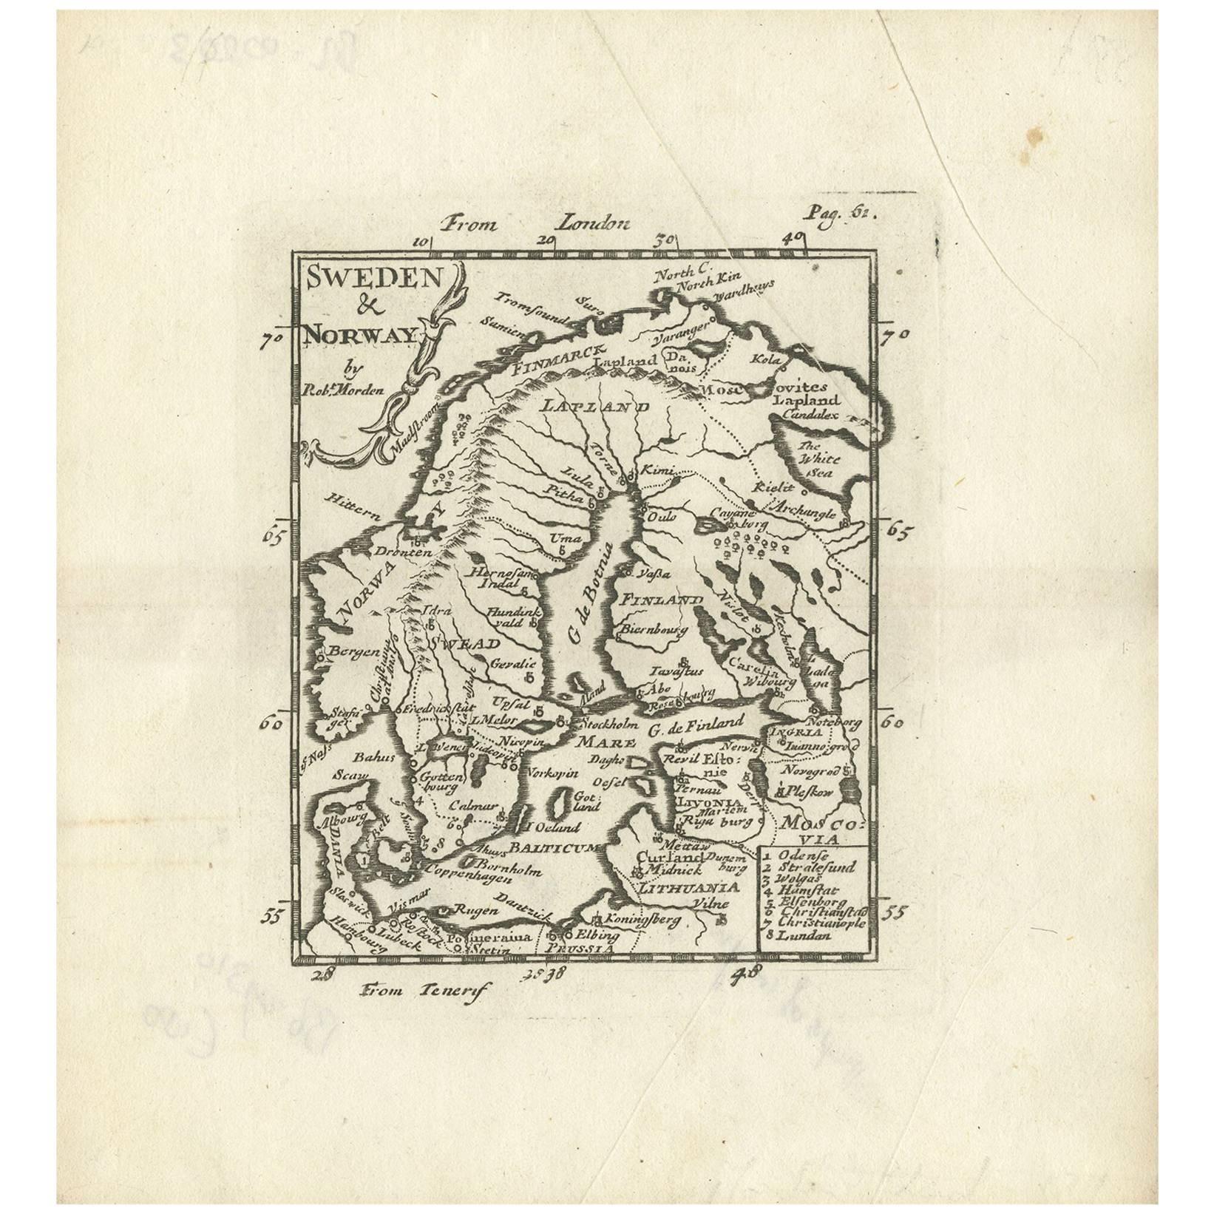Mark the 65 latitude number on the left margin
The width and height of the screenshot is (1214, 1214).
(x=274, y=535)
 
